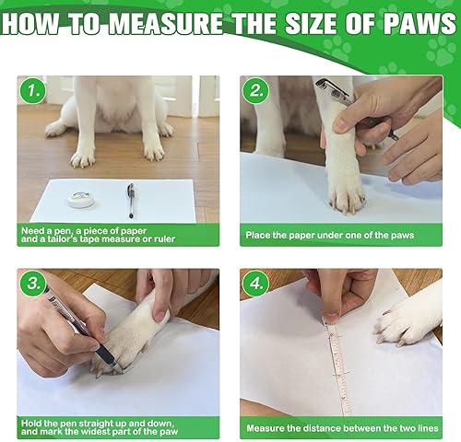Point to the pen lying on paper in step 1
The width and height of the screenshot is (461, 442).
(132, 195)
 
